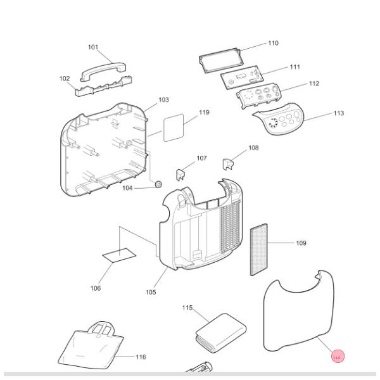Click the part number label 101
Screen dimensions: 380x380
tap(93, 47)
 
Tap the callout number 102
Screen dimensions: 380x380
tap(65, 79)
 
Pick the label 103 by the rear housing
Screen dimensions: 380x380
tap(163, 100)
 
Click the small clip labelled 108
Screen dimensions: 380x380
tap(229, 164)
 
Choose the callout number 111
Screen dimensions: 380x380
tap(294, 67)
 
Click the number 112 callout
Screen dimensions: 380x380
tap(314, 84)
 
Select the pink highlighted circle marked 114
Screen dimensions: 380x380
tap(336, 358)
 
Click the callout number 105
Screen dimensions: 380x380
tap(150, 292)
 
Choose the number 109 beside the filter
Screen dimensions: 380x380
tap(301, 243)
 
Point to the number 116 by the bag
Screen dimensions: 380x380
tap(140, 357)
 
